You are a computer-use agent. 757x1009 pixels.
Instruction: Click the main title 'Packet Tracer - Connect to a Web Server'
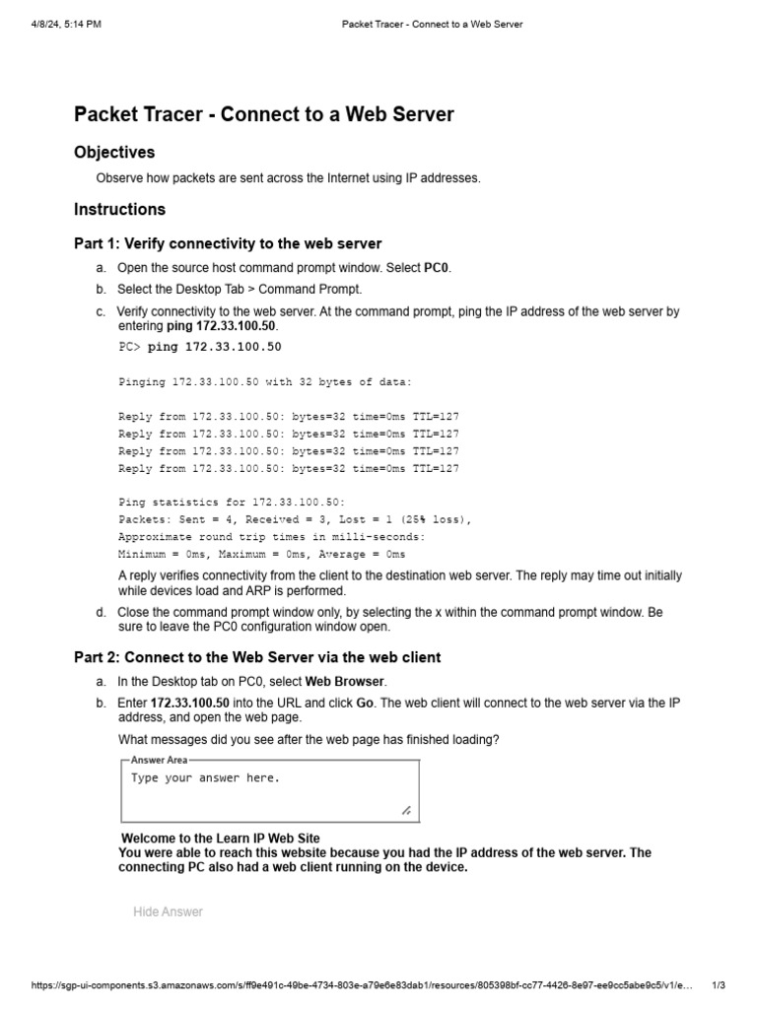pos(264,114)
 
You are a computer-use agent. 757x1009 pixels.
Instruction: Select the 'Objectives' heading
pos(114,153)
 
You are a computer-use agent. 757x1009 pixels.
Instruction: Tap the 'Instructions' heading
pos(119,209)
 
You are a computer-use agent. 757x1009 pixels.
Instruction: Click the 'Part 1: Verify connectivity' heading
pos(228,243)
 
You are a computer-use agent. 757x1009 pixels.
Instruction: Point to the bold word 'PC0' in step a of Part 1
pos(437,268)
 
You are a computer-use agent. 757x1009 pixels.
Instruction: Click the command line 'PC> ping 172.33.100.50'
pos(200,347)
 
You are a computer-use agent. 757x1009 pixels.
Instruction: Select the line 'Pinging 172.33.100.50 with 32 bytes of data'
pos(265,381)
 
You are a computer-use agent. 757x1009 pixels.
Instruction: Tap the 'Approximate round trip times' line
pos(272,537)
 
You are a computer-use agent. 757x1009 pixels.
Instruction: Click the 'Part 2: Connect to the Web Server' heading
pos(257,657)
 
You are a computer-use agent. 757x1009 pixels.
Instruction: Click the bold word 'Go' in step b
pos(365,703)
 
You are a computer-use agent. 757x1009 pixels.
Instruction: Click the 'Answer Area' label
pos(158,760)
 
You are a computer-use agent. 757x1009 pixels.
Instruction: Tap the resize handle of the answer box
pos(406,810)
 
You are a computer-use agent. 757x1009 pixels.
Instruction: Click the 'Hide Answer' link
pos(168,911)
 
